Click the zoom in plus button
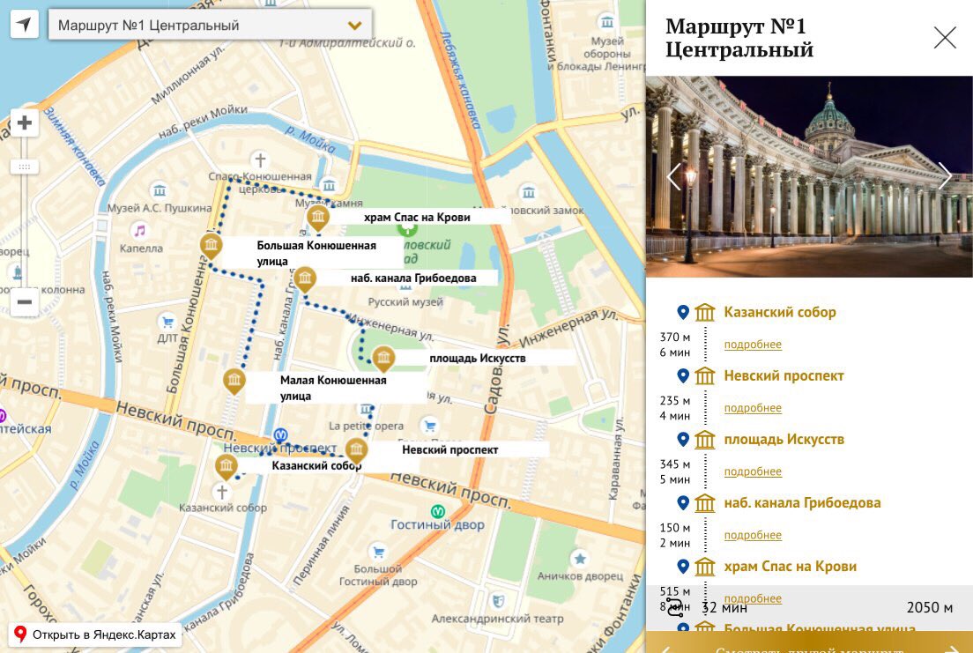point(25,122)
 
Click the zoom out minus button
point(25,302)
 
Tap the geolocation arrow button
point(25,25)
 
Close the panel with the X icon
point(945,38)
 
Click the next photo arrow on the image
point(945,176)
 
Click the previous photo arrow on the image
point(674,176)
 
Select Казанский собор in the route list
point(779,312)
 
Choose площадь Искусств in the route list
point(784,439)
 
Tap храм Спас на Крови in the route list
point(790,566)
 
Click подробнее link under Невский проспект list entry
point(753,408)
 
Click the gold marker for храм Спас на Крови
point(317,217)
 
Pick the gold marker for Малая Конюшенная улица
point(234,381)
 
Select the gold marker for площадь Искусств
point(383,358)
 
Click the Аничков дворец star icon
point(579,557)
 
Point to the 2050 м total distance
point(929,607)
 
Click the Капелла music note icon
point(138,231)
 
